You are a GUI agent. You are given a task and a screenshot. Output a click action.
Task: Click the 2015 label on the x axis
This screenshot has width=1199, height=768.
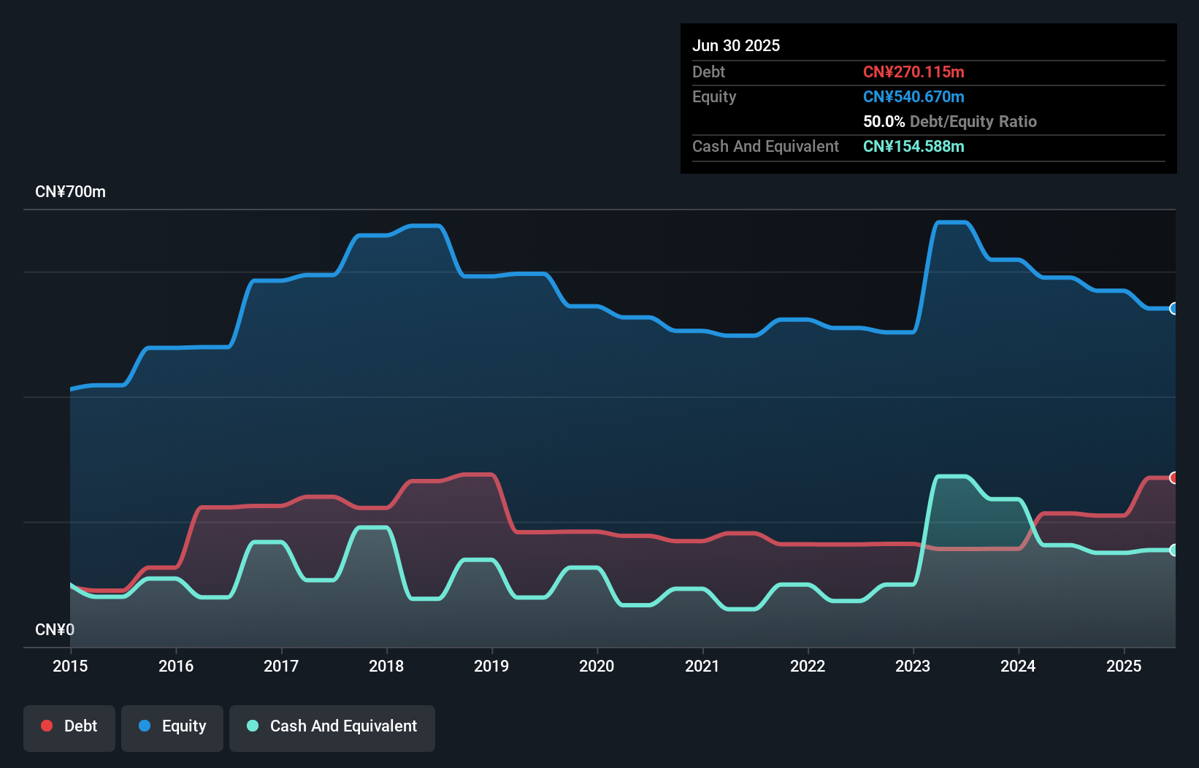(70, 666)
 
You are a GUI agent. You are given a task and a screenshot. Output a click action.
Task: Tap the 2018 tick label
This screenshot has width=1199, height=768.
(386, 666)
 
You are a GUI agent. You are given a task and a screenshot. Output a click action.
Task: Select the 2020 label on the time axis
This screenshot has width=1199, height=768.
(597, 666)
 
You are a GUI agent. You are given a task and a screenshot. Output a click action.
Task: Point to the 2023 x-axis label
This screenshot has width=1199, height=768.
(913, 666)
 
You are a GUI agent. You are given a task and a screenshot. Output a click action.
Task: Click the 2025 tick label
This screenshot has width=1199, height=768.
(1123, 666)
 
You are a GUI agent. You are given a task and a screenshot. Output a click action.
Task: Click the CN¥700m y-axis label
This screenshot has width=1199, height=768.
(70, 192)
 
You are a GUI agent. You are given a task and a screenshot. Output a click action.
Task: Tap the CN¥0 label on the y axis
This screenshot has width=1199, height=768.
(55, 629)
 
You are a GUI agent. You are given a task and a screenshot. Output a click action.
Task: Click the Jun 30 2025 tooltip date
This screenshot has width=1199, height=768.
(736, 45)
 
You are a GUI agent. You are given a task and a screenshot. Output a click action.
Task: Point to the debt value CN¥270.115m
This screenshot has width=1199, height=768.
(913, 72)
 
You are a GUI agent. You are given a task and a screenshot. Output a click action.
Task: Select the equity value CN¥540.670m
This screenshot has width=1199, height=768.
(913, 96)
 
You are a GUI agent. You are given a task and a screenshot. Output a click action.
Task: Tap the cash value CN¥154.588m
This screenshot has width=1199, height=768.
(913, 146)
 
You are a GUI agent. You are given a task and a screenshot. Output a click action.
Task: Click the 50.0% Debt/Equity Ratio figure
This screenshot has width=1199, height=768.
(949, 121)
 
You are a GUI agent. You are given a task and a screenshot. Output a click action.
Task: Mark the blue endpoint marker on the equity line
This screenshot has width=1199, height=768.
(1173, 309)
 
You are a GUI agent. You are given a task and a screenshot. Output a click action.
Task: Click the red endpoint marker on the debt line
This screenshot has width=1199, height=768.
(1173, 477)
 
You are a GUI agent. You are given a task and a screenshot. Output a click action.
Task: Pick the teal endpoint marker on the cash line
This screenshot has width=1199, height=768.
(1173, 550)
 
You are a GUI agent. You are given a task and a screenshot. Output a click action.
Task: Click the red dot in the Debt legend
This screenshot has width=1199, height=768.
(47, 726)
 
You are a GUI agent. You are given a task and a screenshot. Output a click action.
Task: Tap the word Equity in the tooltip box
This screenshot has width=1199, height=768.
(714, 96)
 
